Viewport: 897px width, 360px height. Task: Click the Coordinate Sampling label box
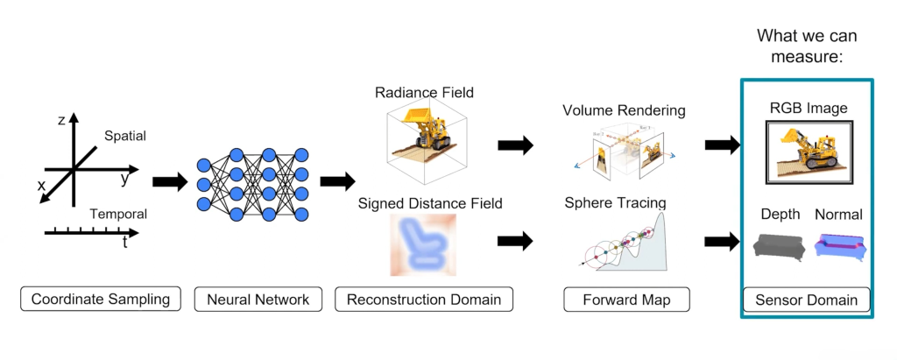point(101,300)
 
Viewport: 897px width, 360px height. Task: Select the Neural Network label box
point(258,300)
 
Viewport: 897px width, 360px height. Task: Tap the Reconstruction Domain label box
point(423,300)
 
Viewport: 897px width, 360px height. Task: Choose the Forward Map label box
point(626,300)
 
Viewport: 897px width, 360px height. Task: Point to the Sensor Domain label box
point(807,300)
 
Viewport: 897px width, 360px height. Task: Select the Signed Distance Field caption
point(430,203)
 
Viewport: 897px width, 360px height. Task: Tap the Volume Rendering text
point(624,111)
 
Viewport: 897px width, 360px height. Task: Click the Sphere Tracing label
point(616,203)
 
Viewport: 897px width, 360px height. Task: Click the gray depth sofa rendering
point(774,245)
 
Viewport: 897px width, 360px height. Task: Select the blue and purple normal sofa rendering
point(840,246)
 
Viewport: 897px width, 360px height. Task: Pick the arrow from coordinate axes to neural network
point(170,181)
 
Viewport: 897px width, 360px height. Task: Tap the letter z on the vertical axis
point(61,120)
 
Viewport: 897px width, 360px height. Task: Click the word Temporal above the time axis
point(119,214)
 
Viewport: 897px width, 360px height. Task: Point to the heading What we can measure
point(806,46)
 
